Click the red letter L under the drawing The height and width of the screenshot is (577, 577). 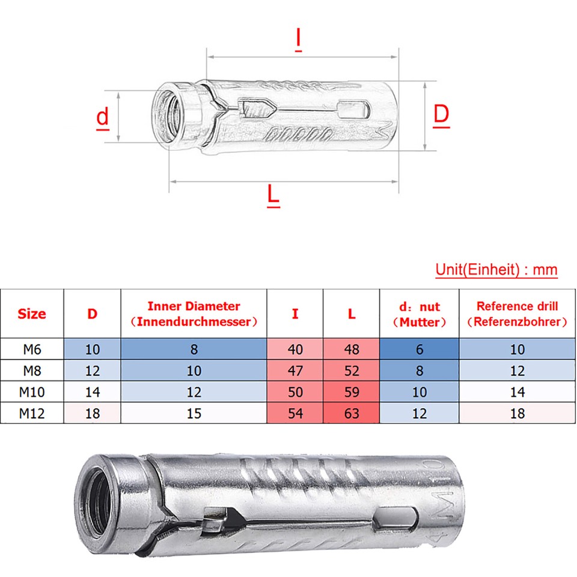pyautogui.click(x=273, y=195)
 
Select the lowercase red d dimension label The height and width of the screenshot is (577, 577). pyautogui.click(x=103, y=117)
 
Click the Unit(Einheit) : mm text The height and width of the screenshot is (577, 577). pyautogui.click(x=496, y=270)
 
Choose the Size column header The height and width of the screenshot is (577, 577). pyautogui.click(x=32, y=314)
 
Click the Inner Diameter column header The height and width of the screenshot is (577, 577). pyautogui.click(x=194, y=314)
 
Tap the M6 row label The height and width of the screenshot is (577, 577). pyautogui.click(x=32, y=349)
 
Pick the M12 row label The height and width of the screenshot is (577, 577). pyautogui.click(x=32, y=413)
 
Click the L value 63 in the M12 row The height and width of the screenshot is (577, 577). pyautogui.click(x=352, y=413)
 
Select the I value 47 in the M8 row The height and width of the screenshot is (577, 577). pyautogui.click(x=295, y=371)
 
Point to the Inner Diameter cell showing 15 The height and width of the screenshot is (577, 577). pyautogui.click(x=194, y=413)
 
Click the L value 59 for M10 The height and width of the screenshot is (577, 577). pyautogui.click(x=352, y=392)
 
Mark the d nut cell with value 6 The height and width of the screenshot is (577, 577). pyautogui.click(x=420, y=349)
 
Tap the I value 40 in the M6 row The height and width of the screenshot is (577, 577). pyautogui.click(x=295, y=349)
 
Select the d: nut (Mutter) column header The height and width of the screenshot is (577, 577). pyautogui.click(x=420, y=314)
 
